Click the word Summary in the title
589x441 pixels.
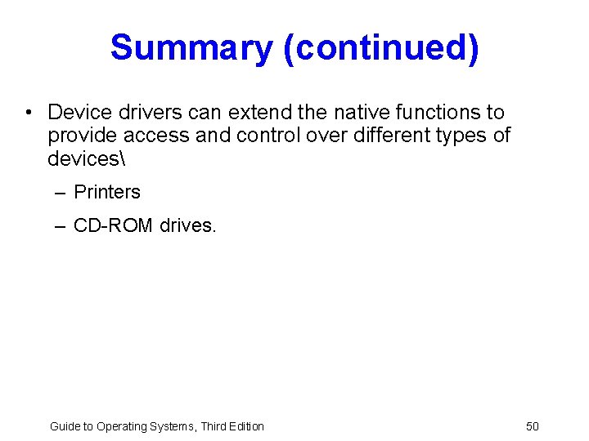(x=191, y=48)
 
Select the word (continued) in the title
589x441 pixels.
(x=380, y=48)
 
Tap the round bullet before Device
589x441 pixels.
(x=28, y=112)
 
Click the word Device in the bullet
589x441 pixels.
(x=79, y=112)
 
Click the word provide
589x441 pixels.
(x=83, y=135)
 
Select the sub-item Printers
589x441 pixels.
(x=107, y=192)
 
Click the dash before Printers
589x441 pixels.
(x=61, y=192)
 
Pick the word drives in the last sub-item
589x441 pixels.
(x=188, y=225)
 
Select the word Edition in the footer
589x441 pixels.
(x=244, y=426)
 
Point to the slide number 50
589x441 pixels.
(x=533, y=426)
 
